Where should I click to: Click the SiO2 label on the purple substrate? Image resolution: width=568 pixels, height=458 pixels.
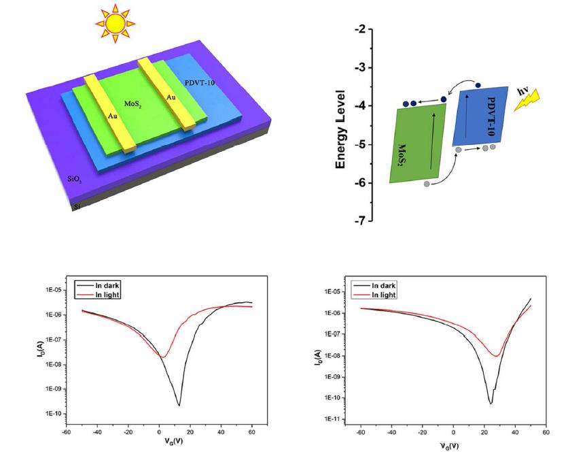click(76, 180)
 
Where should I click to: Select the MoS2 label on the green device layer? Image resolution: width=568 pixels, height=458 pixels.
click(132, 103)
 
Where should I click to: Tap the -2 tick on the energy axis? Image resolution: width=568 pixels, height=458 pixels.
click(359, 30)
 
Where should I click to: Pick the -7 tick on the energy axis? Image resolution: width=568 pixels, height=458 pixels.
click(359, 221)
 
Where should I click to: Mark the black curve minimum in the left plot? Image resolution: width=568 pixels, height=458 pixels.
click(179, 405)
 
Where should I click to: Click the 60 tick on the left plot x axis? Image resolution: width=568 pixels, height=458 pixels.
click(251, 430)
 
